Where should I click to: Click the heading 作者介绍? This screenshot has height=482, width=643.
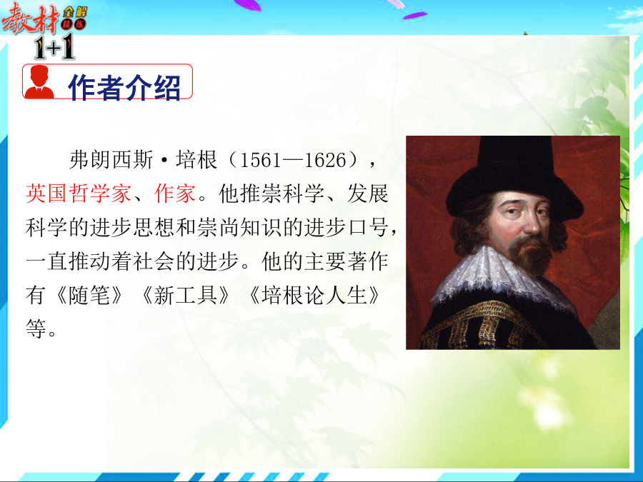(124, 87)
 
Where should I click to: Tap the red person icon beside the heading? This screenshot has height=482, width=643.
(39, 82)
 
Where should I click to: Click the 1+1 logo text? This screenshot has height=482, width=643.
(54, 46)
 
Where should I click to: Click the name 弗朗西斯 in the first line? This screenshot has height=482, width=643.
(111, 160)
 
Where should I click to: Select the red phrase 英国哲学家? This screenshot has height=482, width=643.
(79, 193)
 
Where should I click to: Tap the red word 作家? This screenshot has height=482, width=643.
(175, 193)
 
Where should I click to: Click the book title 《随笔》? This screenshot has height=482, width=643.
(89, 295)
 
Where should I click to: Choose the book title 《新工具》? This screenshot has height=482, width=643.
(185, 295)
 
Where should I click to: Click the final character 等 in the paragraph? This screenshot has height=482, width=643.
(36, 328)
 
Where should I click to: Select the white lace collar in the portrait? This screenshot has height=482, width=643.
(498, 278)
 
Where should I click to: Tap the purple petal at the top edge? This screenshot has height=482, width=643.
(414, 16)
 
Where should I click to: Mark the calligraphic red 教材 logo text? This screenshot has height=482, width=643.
(29, 19)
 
